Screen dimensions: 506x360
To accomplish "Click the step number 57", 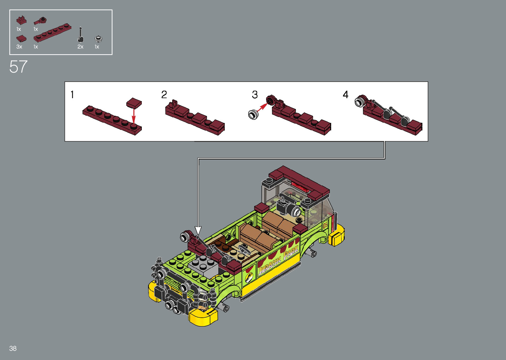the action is (18, 67).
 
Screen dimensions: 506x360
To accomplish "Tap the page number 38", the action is (13, 348).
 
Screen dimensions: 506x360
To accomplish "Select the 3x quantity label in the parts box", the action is (19, 47).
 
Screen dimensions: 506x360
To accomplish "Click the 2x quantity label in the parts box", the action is (80, 47).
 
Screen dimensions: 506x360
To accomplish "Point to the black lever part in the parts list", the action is (80, 35).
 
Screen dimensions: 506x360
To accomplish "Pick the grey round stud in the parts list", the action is (98, 39).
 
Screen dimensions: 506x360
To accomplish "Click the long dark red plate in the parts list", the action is (53, 33).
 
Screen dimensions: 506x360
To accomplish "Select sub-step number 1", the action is (72, 95).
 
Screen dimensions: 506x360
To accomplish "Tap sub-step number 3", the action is (255, 95).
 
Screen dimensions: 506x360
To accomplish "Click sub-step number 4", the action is (346, 95).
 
